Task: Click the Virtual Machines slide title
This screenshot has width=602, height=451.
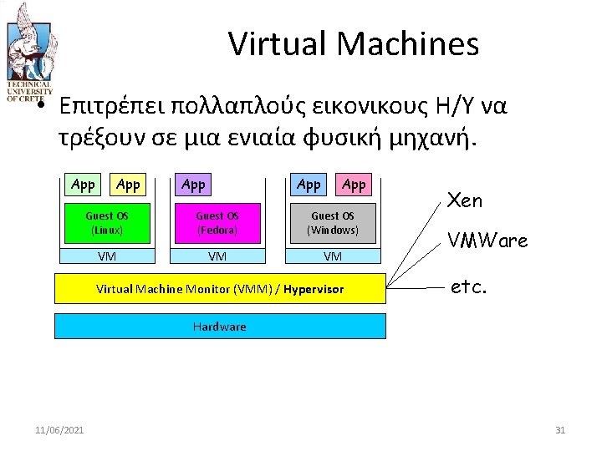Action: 354,43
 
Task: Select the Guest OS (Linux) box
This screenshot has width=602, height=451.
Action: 106,222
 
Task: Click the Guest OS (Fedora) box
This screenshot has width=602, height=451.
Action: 217,222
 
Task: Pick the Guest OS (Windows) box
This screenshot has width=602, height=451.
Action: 333,222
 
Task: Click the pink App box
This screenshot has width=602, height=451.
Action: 354,185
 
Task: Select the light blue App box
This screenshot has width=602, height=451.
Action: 309,185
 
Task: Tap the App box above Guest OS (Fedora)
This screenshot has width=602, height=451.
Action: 193,185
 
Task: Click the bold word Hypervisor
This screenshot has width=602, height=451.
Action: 314,289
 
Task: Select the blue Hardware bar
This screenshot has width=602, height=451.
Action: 220,326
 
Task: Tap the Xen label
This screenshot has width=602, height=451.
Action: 466,200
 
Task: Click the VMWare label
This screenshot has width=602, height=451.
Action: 487,241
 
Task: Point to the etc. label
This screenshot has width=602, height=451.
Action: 467,287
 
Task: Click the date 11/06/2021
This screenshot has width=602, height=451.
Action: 59,430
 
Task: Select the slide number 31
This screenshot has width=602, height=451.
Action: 560,430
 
